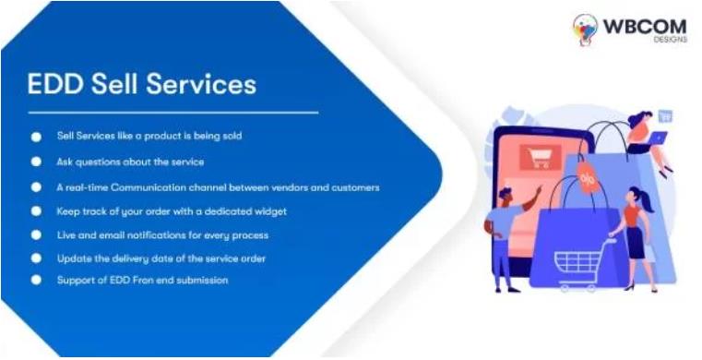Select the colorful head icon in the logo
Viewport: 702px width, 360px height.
585,29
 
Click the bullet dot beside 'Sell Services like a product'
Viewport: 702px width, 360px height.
37,136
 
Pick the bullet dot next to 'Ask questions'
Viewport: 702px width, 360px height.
37,161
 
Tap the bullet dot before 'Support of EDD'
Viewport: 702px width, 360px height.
37,280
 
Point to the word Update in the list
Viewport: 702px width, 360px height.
73,258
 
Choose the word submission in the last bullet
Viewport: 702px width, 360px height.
201,280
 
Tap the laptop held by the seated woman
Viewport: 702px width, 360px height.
660,138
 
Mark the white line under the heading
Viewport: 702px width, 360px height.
173,113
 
